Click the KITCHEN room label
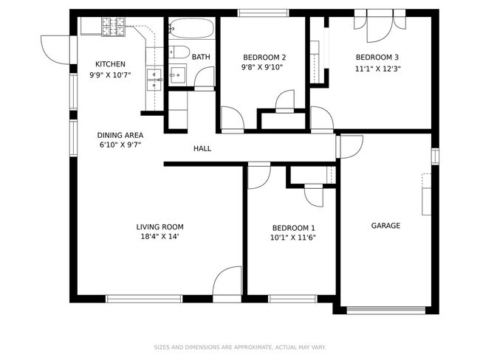point(110,64)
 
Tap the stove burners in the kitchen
point(114,27)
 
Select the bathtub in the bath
point(191,29)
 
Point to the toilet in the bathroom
point(179,52)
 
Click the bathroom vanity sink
point(177,75)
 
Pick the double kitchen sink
point(154,80)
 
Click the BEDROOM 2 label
point(264,58)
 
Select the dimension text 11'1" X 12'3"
point(378,69)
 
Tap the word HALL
point(202,149)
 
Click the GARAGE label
point(385,226)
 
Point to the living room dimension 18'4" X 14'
point(160,236)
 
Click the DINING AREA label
point(120,135)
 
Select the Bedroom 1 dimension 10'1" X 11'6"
point(293,238)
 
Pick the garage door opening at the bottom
point(385,311)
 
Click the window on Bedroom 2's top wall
point(264,13)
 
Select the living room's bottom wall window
point(144,299)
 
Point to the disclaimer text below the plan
point(240,347)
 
